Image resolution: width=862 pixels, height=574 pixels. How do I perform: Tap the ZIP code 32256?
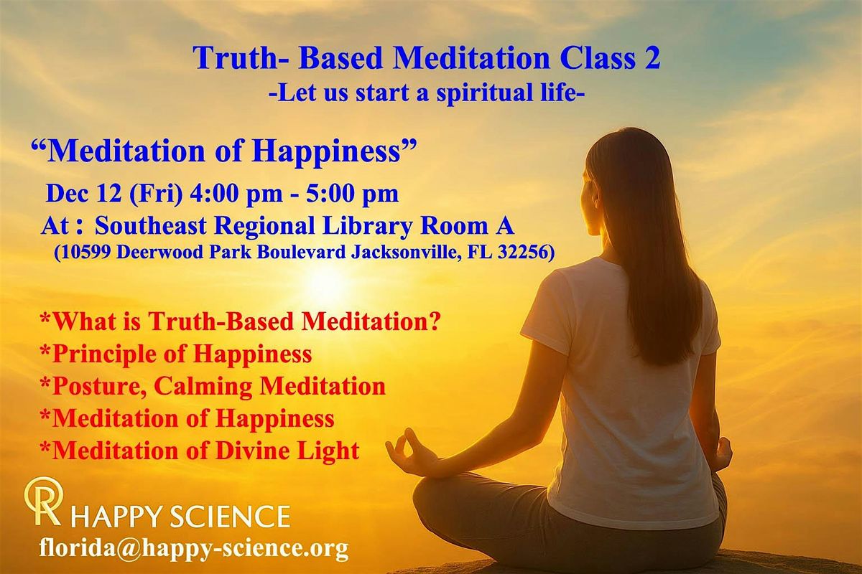click(527, 253)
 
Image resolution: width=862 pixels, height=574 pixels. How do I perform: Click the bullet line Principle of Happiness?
click(176, 354)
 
